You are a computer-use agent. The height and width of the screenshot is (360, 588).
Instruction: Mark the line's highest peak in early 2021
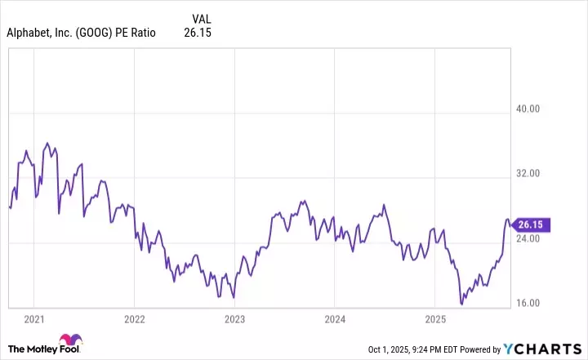pyautogui.click(x=47, y=143)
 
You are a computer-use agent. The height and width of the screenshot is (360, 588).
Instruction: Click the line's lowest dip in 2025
pyautogui.click(x=462, y=304)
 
